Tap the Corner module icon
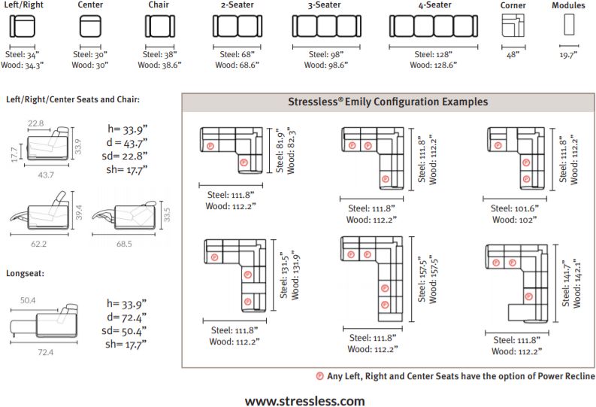[513, 26]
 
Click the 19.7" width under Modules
[570, 55]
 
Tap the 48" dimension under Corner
[513, 55]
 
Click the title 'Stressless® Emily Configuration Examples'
[388, 102]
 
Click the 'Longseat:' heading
[26, 273]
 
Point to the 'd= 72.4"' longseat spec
[126, 317]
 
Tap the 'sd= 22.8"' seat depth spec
[126, 156]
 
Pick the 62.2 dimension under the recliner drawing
[39, 244]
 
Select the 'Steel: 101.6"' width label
[515, 208]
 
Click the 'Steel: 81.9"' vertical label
[279, 151]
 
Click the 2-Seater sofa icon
[237, 27]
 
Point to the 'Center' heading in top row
[90, 5]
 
